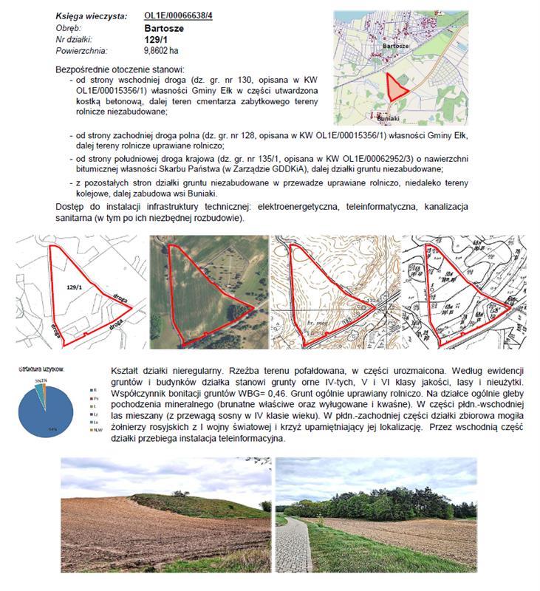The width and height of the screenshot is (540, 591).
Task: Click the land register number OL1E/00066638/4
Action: coord(178,16)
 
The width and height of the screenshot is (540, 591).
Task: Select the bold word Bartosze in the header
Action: coord(163,28)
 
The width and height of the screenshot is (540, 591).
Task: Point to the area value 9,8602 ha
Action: coord(164,51)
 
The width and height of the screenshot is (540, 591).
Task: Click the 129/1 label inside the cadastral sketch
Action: coord(73,285)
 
